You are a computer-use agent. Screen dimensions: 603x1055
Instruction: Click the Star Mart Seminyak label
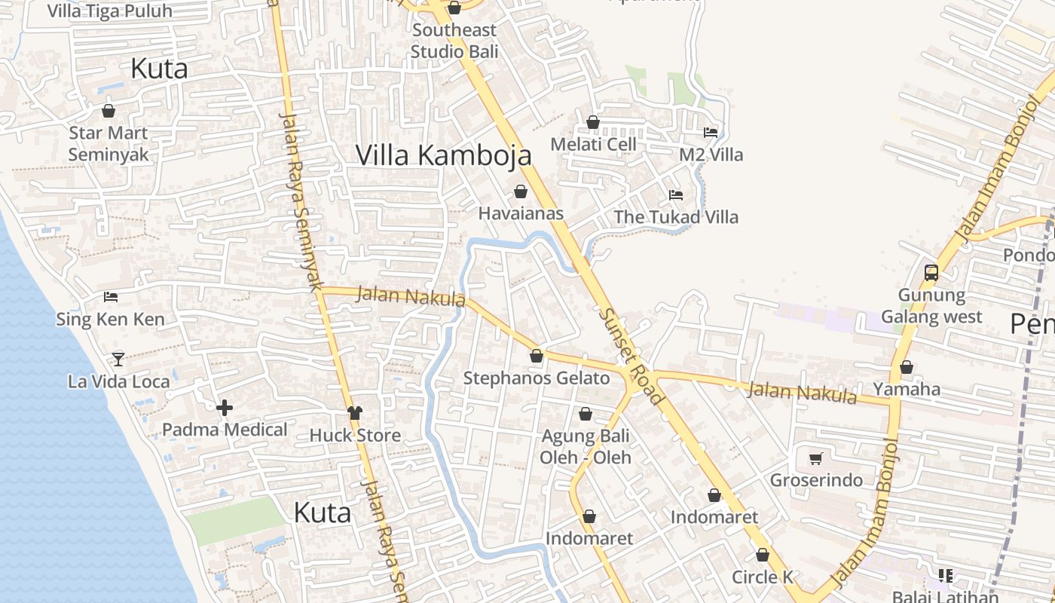point(109,143)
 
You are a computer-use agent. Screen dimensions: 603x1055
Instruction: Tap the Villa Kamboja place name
point(443,155)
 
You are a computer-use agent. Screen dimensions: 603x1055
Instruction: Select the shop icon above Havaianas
point(520,191)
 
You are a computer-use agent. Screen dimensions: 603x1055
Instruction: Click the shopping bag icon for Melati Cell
point(593,122)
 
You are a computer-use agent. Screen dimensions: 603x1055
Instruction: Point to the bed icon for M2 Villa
point(710,133)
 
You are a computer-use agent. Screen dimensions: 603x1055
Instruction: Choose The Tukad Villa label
point(676,217)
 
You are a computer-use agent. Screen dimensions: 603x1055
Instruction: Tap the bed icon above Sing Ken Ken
point(111,297)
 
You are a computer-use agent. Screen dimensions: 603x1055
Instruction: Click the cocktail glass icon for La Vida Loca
point(118,359)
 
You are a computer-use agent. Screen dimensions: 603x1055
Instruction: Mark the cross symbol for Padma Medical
point(225,409)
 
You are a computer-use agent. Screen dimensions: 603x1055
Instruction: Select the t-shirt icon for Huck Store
point(355,413)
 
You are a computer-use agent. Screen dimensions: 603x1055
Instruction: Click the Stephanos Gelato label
point(536,378)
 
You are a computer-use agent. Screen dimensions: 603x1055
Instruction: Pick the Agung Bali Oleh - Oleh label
point(586,446)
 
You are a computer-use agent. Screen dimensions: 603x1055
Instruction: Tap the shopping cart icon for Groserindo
point(815,458)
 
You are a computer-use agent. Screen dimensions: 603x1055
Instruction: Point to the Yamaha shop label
point(907,389)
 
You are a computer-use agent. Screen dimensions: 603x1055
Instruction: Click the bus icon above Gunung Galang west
point(931,273)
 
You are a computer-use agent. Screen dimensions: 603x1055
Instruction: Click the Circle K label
point(763,577)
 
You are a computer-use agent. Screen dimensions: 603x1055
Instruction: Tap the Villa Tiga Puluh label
point(110,11)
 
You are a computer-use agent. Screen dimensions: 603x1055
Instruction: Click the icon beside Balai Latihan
point(946,576)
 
